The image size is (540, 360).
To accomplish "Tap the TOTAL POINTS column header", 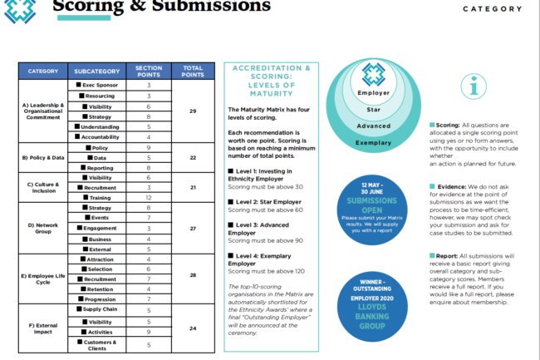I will pos(193,72).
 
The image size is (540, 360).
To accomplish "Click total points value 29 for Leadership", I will pos(193,111).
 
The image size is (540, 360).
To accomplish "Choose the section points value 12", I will pos(148,199).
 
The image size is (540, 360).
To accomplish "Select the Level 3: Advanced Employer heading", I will pos(259,229).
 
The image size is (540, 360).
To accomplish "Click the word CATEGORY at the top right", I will pos(493,9).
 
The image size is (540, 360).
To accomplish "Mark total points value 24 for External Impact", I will pos(193,328).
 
